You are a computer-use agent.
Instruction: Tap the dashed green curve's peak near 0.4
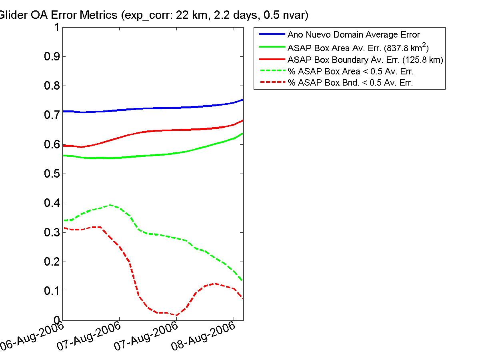110,205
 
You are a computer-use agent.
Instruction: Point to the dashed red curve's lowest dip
176,315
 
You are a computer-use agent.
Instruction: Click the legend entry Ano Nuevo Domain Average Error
354,34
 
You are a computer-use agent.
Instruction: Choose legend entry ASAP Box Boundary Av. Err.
365,60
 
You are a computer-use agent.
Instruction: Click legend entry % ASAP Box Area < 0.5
350,72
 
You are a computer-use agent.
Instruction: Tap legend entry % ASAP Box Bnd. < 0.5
350,83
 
